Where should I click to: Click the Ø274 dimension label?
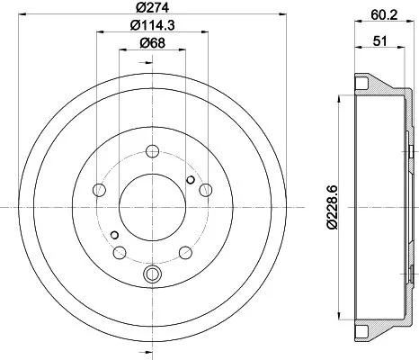click(x=151, y=9)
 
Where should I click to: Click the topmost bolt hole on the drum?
click(x=152, y=150)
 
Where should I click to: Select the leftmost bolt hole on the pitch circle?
click(x=100, y=190)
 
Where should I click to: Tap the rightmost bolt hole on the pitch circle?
click(x=206, y=189)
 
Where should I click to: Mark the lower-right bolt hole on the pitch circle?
click(x=185, y=252)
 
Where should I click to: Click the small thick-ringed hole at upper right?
click(x=191, y=180)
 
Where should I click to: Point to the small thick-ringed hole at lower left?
click(x=114, y=235)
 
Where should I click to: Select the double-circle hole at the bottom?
click(x=152, y=274)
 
